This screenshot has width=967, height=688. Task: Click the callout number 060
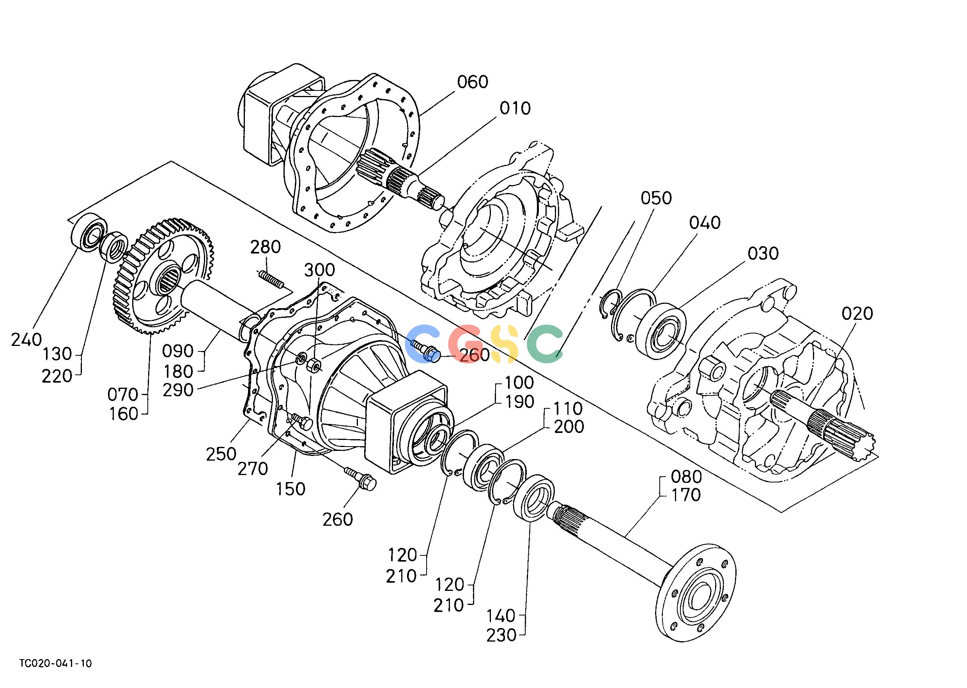[472, 82]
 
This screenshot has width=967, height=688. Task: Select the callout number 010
[515, 108]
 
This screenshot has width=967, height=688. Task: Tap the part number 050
[656, 198]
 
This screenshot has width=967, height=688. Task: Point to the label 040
[705, 223]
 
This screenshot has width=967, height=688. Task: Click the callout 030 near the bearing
[763, 254]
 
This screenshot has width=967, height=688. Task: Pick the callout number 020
[857, 314]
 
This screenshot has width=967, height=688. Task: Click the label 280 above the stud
[265, 247]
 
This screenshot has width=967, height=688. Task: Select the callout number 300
[320, 270]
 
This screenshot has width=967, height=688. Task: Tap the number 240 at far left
[26, 340]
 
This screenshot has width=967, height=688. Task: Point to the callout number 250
[221, 454]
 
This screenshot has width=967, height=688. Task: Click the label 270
[253, 469]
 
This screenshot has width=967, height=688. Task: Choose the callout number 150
[290, 489]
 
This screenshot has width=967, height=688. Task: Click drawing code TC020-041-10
[55, 663]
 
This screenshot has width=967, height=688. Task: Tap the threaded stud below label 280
[271, 280]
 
